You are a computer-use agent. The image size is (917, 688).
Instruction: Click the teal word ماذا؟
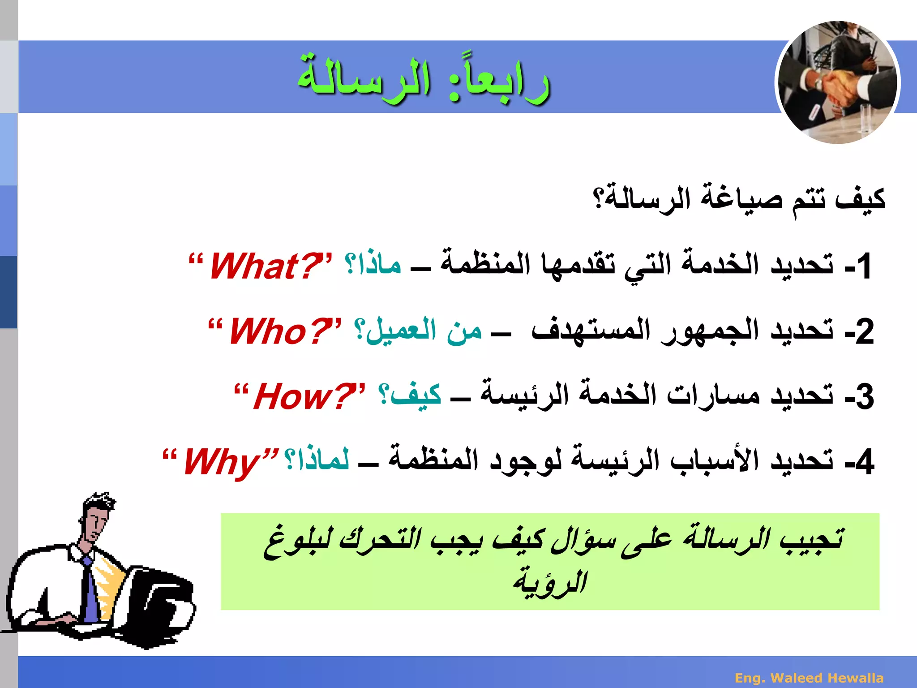[x=373, y=264]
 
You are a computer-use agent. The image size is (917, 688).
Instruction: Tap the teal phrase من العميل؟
[x=418, y=331]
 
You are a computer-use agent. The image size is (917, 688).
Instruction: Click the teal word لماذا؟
[x=317, y=460]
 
